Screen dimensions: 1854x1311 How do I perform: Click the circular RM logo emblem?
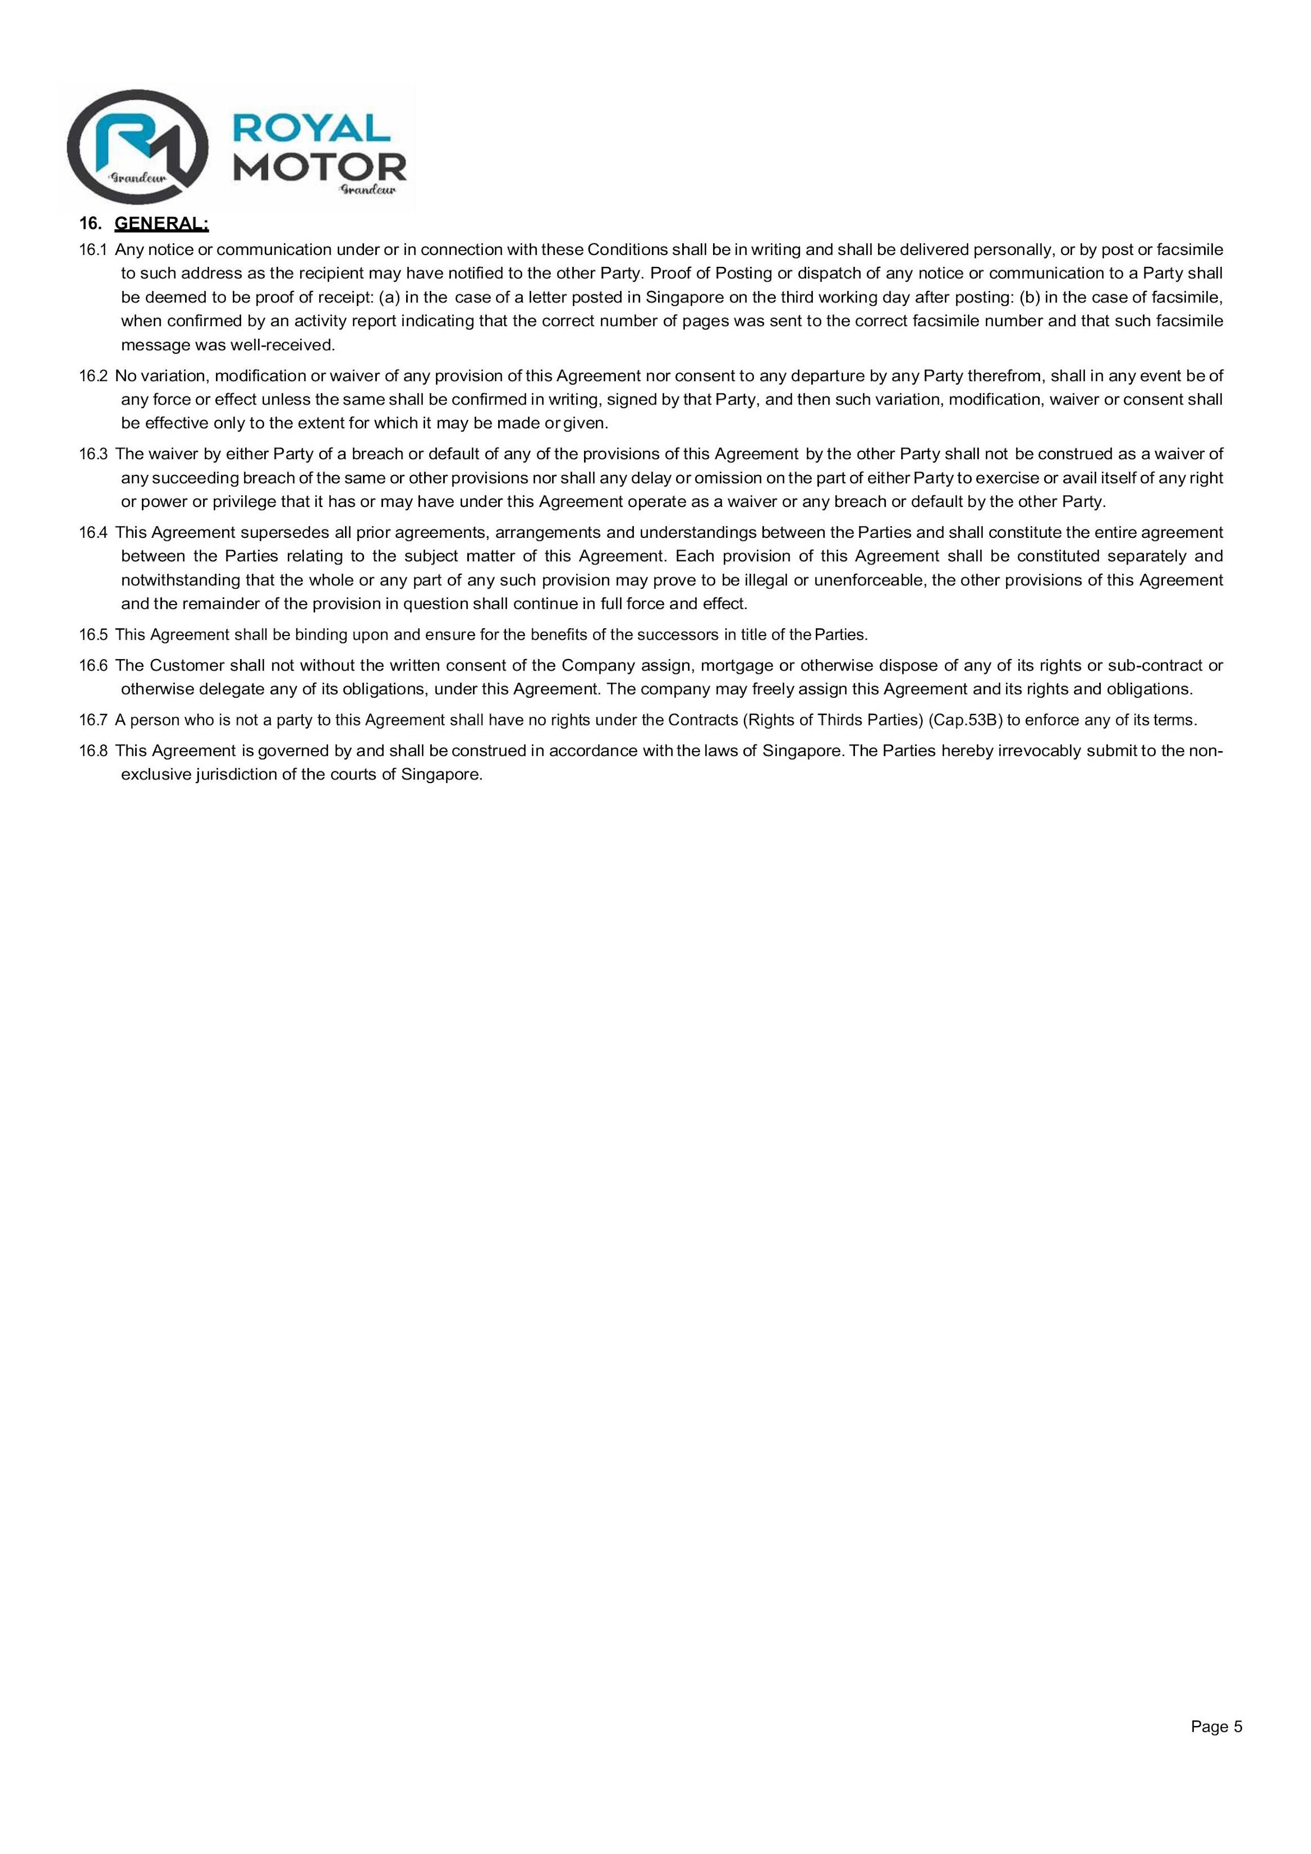point(137,148)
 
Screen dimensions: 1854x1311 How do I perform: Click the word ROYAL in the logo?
point(311,128)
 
